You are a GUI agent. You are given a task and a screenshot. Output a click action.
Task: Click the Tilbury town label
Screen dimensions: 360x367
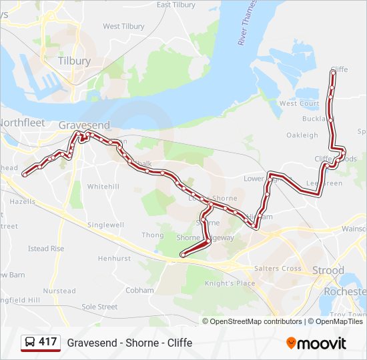(x=74, y=61)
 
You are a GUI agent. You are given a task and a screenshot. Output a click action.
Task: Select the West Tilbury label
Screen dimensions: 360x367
(x=123, y=27)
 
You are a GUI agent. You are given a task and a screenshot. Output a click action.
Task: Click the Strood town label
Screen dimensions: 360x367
(x=328, y=271)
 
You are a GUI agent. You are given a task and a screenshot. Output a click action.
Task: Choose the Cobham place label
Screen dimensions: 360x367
(x=139, y=291)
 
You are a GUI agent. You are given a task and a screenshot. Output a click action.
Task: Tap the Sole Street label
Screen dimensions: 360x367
(x=99, y=307)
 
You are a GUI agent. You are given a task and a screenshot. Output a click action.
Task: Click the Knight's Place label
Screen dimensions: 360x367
(x=230, y=283)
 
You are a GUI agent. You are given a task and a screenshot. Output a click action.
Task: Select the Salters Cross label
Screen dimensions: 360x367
(x=278, y=269)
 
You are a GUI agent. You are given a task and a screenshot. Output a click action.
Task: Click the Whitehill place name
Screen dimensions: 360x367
(x=103, y=187)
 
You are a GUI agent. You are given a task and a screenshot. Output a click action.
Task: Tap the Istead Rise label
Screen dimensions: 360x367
(x=46, y=249)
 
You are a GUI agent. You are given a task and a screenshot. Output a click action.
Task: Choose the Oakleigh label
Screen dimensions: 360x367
(x=302, y=135)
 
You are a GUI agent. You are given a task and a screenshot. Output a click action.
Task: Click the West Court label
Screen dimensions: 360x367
(x=299, y=103)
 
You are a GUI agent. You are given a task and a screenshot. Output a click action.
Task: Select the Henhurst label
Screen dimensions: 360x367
(x=114, y=258)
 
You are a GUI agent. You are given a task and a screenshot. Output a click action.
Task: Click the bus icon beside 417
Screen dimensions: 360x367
(x=30, y=343)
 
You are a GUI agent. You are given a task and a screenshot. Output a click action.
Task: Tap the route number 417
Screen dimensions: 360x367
(x=48, y=342)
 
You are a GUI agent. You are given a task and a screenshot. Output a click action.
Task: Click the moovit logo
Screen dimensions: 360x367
(x=316, y=343)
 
